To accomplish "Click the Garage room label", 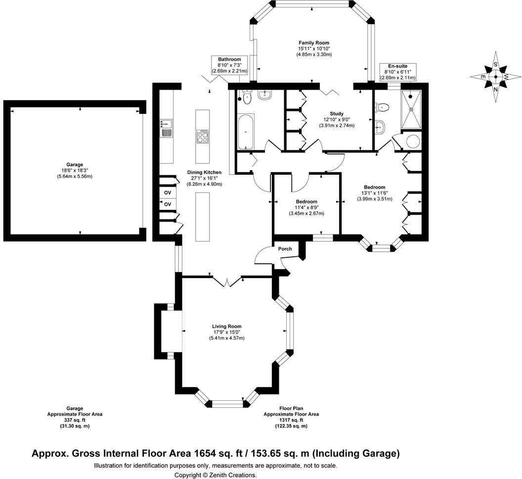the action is click(x=75, y=165).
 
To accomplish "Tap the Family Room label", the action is click(x=313, y=43).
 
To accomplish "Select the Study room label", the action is click(x=336, y=114).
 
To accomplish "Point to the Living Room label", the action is click(x=226, y=326).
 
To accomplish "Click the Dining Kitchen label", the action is click(x=204, y=172).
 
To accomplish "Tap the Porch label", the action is click(x=285, y=249).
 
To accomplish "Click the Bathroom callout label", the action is click(x=229, y=59).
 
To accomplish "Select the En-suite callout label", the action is click(x=397, y=66).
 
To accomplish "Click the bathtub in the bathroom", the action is click(x=246, y=132).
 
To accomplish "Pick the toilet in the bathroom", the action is click(x=246, y=98).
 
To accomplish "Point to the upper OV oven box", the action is click(x=168, y=192).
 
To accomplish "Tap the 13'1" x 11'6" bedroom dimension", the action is click(x=374, y=193).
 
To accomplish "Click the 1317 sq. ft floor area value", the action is click(x=291, y=420).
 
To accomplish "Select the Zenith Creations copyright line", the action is click(x=216, y=475).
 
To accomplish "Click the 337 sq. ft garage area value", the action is click(x=75, y=420).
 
